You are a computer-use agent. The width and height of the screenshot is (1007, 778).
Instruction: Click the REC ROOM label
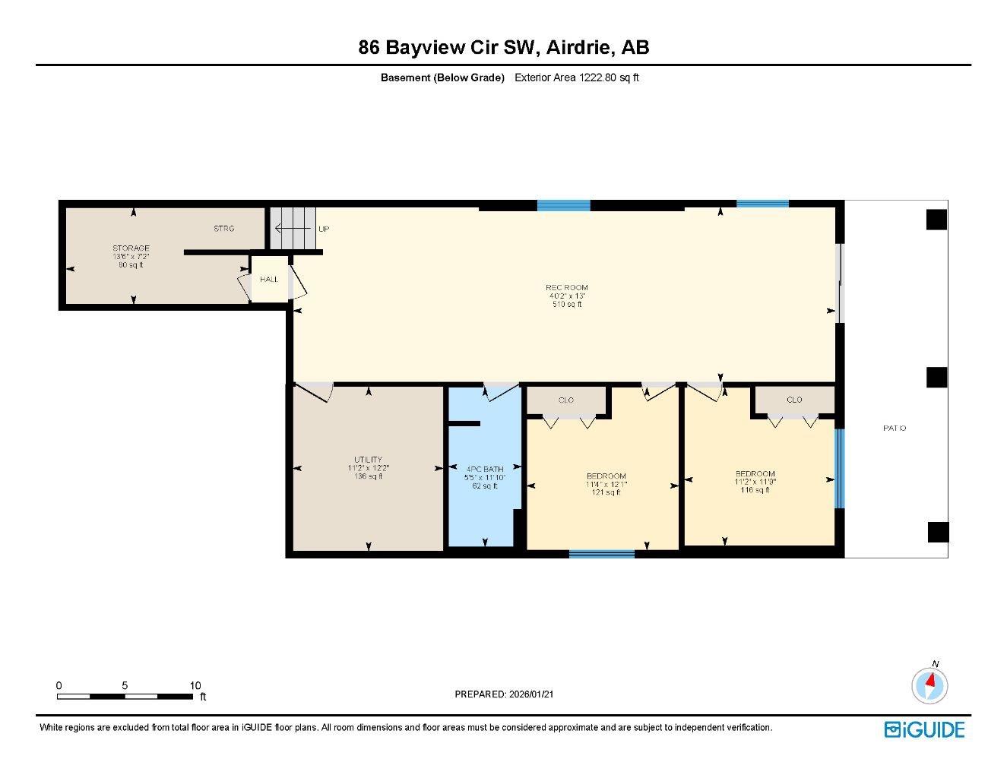click(567, 288)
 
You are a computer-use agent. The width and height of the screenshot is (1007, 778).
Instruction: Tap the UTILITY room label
click(368, 460)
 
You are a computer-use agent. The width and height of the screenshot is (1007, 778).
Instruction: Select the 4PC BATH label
click(484, 470)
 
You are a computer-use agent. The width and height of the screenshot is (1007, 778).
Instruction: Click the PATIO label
click(895, 429)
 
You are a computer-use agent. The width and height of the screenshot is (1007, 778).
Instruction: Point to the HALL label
click(269, 280)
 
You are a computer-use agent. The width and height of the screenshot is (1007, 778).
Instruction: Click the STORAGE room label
click(131, 248)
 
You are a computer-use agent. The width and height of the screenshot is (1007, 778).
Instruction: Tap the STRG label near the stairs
click(223, 229)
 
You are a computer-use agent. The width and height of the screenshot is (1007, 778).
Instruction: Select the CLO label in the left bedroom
click(566, 400)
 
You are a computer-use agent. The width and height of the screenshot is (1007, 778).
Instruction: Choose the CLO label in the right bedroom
click(794, 400)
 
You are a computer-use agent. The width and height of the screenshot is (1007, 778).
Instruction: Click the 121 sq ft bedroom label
click(606, 476)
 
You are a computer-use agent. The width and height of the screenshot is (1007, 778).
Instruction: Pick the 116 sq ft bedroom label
click(755, 474)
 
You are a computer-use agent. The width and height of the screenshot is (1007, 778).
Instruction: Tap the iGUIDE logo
click(924, 730)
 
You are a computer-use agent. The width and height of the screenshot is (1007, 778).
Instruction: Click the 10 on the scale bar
click(195, 685)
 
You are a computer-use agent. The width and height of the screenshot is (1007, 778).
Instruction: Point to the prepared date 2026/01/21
click(509, 694)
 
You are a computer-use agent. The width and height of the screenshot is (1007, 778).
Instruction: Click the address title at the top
click(504, 48)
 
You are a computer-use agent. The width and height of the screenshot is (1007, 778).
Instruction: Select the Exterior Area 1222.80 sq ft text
click(576, 77)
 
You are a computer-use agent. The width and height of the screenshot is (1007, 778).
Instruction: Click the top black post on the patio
click(936, 220)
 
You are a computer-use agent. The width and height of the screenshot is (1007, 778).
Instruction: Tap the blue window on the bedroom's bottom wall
click(601, 554)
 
